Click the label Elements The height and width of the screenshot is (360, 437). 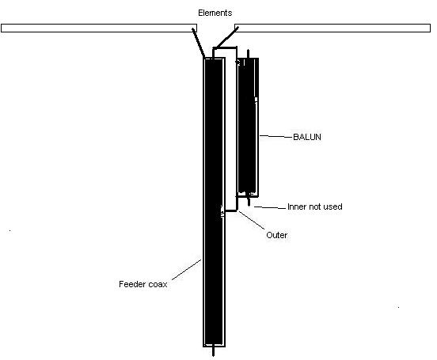pyautogui.click(x=215, y=13)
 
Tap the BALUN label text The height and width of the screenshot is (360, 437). pyautogui.click(x=307, y=137)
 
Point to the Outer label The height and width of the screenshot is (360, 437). pyautogui.click(x=276, y=235)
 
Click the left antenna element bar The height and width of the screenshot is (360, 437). pyautogui.click(x=99, y=28)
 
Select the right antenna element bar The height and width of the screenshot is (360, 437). pyautogui.click(x=332, y=28)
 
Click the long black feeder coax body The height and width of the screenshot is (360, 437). pyautogui.click(x=214, y=202)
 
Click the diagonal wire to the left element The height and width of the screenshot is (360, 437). pyautogui.click(x=198, y=43)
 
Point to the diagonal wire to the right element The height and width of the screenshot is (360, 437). pyautogui.click(x=227, y=37)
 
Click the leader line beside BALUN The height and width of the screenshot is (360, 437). pyautogui.click(x=276, y=137)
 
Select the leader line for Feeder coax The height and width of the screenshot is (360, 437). pyautogui.click(x=186, y=270)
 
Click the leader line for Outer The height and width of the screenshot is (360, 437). pyautogui.click(x=252, y=221)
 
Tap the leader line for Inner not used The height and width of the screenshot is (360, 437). pyautogui.click(x=270, y=207)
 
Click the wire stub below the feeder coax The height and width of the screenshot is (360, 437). pyautogui.click(x=214, y=351)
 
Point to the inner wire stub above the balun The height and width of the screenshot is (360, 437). pyautogui.click(x=248, y=54)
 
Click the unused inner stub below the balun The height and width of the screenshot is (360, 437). pyautogui.click(x=249, y=201)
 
